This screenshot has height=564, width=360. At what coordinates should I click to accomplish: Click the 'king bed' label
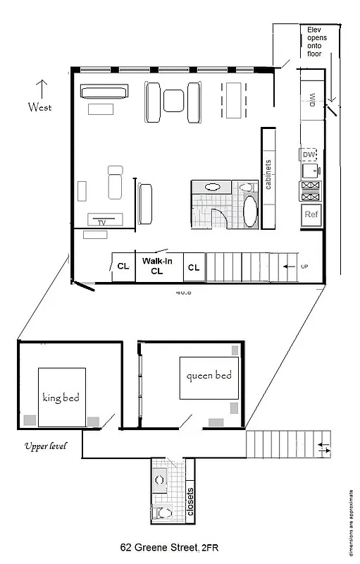(x=61, y=398)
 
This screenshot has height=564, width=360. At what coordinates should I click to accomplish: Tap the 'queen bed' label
(x=209, y=375)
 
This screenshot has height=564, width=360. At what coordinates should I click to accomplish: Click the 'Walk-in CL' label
(x=152, y=265)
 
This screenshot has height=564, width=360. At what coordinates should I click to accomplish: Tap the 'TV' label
(x=102, y=222)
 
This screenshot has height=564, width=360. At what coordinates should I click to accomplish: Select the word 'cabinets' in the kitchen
(x=268, y=177)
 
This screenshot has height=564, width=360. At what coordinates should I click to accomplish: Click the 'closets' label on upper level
(x=190, y=501)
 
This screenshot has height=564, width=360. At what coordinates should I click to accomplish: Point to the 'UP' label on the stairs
(x=304, y=266)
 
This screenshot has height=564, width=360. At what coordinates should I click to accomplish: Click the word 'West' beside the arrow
(x=40, y=107)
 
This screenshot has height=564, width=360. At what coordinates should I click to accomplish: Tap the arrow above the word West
(x=41, y=88)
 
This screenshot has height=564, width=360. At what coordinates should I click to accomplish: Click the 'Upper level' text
(x=45, y=446)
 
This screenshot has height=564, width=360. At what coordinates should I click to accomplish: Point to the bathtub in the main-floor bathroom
(x=250, y=210)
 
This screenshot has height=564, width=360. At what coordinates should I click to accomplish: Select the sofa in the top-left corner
(x=104, y=92)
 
